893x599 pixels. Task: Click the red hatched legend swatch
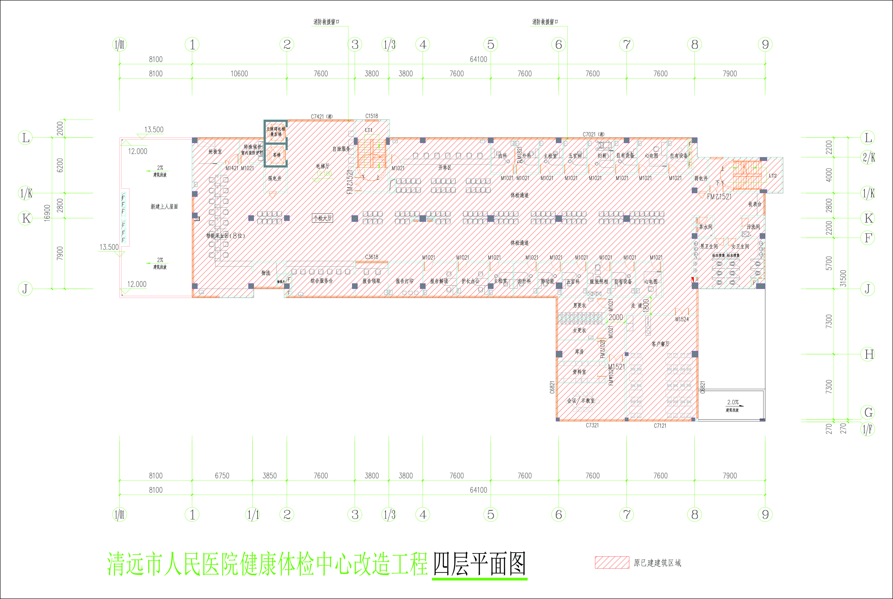(x=612, y=562)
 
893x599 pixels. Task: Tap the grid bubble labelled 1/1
(x=252, y=515)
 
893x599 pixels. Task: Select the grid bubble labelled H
(x=868, y=354)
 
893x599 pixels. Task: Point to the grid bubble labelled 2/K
(x=868, y=157)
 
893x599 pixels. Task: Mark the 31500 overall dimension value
(x=843, y=278)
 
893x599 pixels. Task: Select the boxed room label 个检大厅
(x=322, y=218)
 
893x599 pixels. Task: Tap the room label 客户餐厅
(x=660, y=344)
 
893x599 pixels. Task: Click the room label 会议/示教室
(x=580, y=400)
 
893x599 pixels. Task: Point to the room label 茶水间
(x=705, y=227)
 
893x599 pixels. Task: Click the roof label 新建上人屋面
(x=164, y=207)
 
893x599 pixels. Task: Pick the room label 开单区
(x=445, y=168)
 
